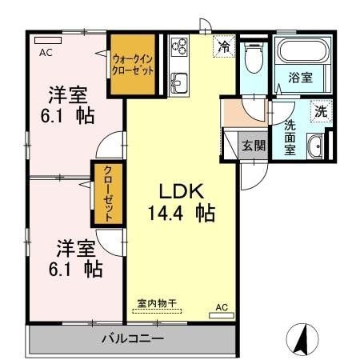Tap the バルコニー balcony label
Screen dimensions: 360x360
pyautogui.click(x=133, y=338)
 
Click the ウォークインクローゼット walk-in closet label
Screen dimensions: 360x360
pyautogui.click(x=132, y=64)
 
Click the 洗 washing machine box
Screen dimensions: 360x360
pyautogui.click(x=319, y=112)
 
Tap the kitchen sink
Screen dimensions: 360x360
pyautogui.click(x=178, y=82)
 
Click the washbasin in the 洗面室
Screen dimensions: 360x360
pyautogui.click(x=314, y=146)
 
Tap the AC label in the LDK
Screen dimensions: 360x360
pyautogui.click(x=222, y=306)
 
